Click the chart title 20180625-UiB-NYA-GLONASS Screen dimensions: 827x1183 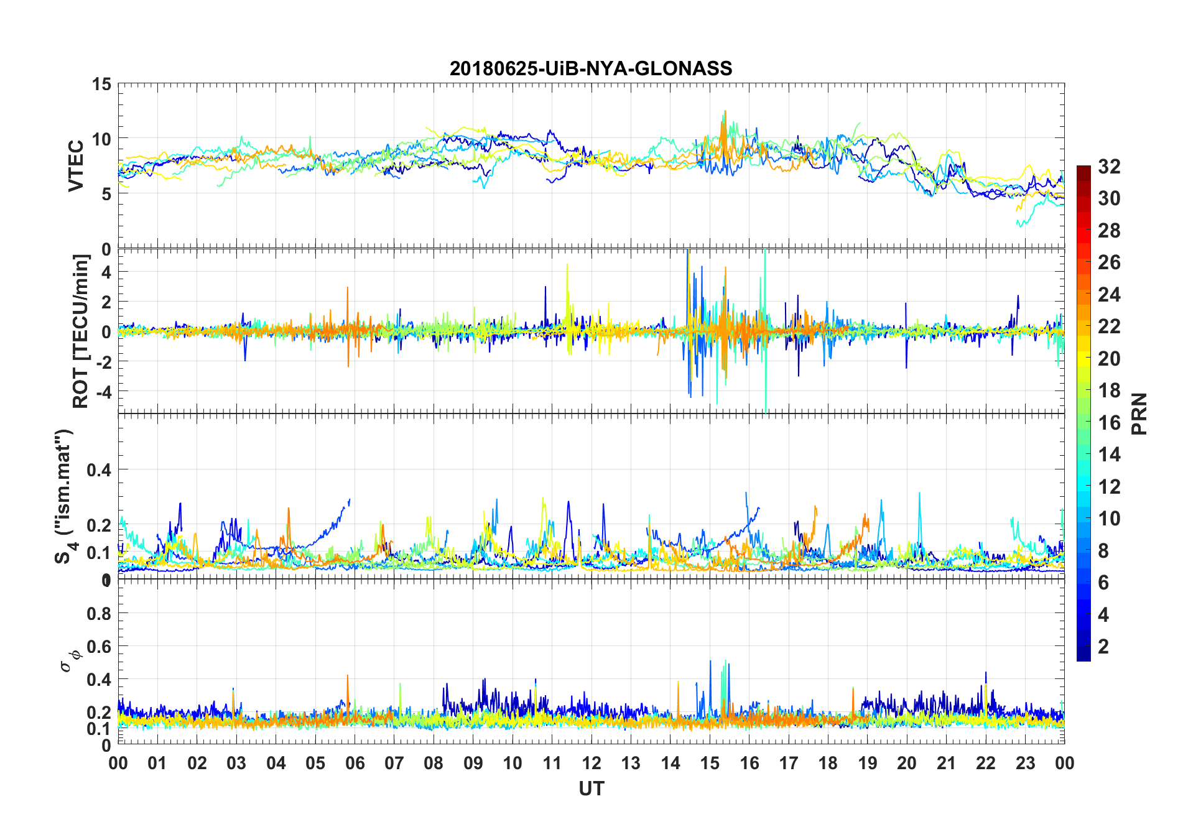591,68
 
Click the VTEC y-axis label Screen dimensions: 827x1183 76,166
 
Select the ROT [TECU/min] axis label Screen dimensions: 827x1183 81,331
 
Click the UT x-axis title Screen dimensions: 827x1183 591,789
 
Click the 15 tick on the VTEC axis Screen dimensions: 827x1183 102,84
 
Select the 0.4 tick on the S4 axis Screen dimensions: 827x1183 99,470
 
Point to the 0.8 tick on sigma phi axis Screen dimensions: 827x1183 99,614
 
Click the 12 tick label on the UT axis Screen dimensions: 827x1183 591,764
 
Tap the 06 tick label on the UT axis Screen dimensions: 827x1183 355,764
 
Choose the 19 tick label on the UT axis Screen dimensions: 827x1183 867,764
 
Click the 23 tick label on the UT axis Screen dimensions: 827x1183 1025,764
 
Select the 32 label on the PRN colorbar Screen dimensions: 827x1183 1109,167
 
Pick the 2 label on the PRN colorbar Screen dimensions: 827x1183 1103,647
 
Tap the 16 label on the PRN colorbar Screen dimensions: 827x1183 1109,423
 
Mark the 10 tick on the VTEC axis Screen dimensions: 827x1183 102,139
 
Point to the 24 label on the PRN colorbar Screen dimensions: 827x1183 1109,295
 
